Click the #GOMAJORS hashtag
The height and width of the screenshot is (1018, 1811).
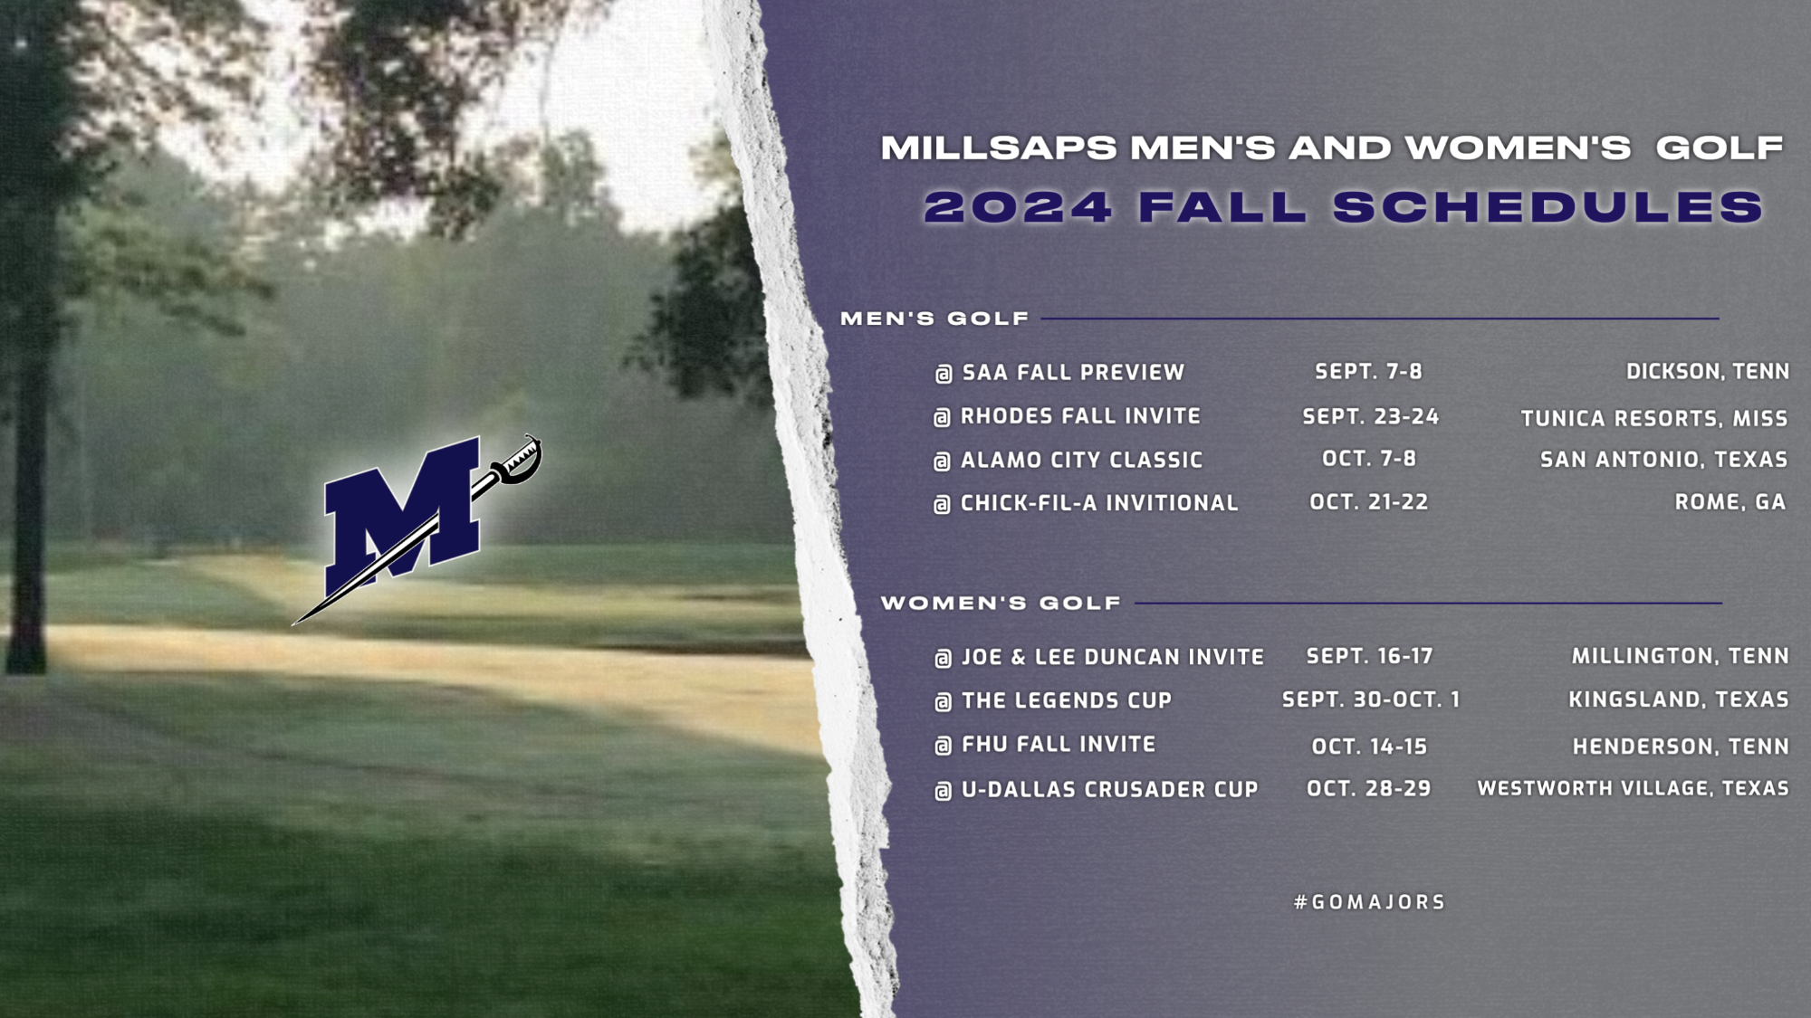(x=1369, y=902)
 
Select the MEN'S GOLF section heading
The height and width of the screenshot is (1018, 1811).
(x=934, y=319)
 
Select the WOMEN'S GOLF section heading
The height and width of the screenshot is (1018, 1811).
(x=1001, y=603)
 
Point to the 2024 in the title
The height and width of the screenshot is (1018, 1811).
(x=1018, y=207)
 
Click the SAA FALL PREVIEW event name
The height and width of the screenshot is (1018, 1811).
(x=1073, y=372)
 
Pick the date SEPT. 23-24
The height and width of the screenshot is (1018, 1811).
(x=1370, y=416)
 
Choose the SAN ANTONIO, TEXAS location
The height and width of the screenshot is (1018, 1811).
(x=1663, y=460)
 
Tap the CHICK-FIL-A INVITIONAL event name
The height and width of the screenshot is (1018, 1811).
(x=1098, y=503)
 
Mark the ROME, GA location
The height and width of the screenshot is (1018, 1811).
(x=1730, y=502)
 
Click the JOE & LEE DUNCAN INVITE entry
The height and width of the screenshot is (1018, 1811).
(x=1112, y=657)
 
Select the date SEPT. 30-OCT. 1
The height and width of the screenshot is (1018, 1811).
(x=1370, y=699)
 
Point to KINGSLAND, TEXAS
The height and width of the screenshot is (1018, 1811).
(x=1678, y=699)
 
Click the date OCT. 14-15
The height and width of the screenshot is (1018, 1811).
(x=1369, y=747)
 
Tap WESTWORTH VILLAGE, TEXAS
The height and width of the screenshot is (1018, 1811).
(x=1633, y=788)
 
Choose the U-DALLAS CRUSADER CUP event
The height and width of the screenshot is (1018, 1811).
(x=1109, y=789)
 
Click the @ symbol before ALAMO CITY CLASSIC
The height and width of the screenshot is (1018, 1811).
(x=942, y=461)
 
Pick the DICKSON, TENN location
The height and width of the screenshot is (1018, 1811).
(x=1707, y=372)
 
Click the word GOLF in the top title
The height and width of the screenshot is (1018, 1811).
(x=1719, y=147)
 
